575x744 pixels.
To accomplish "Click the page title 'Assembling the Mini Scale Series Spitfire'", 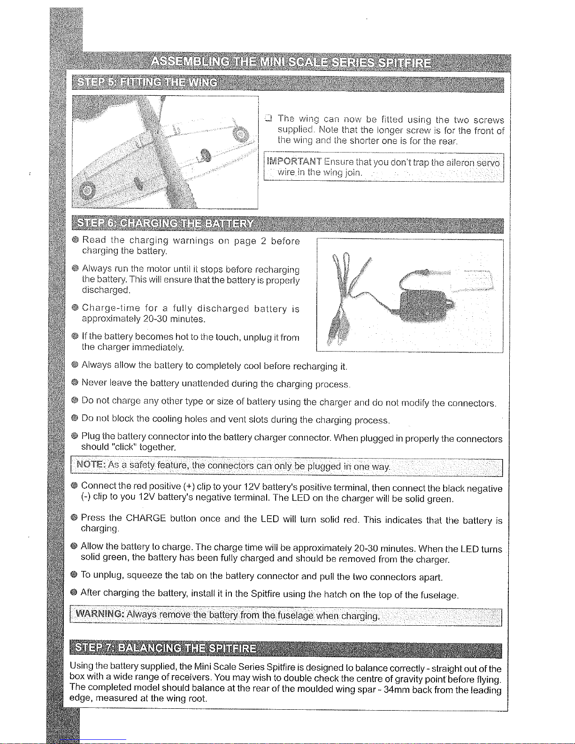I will pyautogui.click(x=291, y=62).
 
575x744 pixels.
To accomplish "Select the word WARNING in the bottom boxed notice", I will pyautogui.click(x=99, y=614).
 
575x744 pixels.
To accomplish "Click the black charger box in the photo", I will pyautogui.click(x=425, y=303).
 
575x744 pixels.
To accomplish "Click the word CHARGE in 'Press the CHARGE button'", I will pyautogui.click(x=146, y=518).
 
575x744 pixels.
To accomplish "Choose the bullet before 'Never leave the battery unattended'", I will pyautogui.click(x=75, y=383).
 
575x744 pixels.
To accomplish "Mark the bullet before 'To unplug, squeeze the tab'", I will pyautogui.click(x=74, y=575).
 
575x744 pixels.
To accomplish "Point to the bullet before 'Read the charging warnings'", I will pyautogui.click(x=75, y=240).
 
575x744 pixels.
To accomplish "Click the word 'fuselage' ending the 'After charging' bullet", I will pyautogui.click(x=437, y=595).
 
